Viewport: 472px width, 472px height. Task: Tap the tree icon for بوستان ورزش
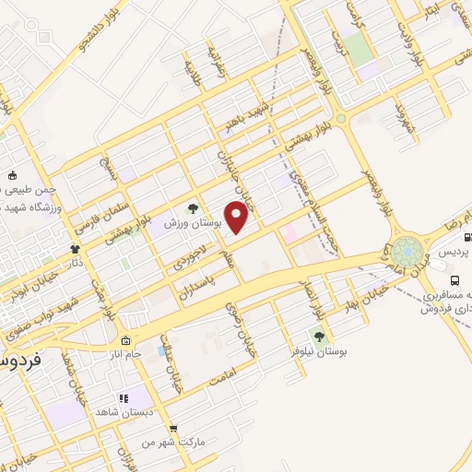tap(193, 208)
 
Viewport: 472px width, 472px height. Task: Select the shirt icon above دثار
tap(75, 249)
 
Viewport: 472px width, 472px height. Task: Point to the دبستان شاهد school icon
tap(124, 399)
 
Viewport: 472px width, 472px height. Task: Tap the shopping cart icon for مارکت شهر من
tap(172, 429)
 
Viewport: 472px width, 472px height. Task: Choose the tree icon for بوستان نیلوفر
tap(319, 336)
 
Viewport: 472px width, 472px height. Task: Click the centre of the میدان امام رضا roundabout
tap(405, 252)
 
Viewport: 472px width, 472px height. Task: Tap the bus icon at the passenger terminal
tap(454, 281)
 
